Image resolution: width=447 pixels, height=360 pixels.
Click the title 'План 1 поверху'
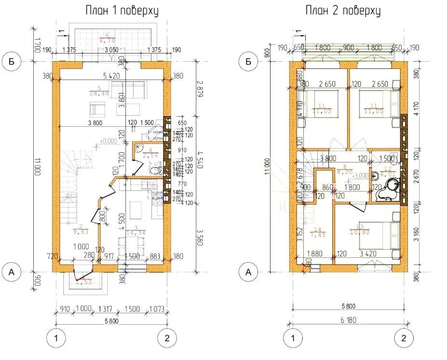tap(122, 11)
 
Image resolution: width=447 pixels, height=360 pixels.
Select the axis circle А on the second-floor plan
tap(249, 272)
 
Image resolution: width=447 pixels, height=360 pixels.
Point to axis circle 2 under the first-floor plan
tap(167, 338)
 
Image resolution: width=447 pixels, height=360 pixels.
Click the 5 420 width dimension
tap(114, 76)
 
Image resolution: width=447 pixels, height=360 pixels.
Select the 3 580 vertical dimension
tap(198, 236)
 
